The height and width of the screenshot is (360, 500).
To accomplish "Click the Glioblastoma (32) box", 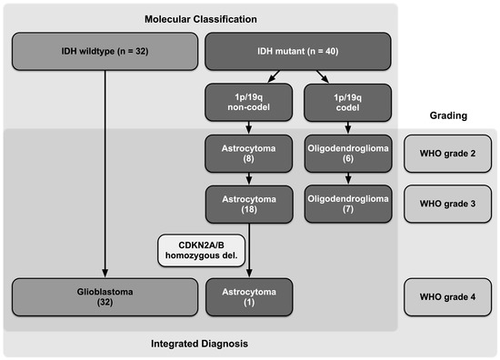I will point(105,295).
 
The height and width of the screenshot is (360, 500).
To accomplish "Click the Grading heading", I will point(446,116).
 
